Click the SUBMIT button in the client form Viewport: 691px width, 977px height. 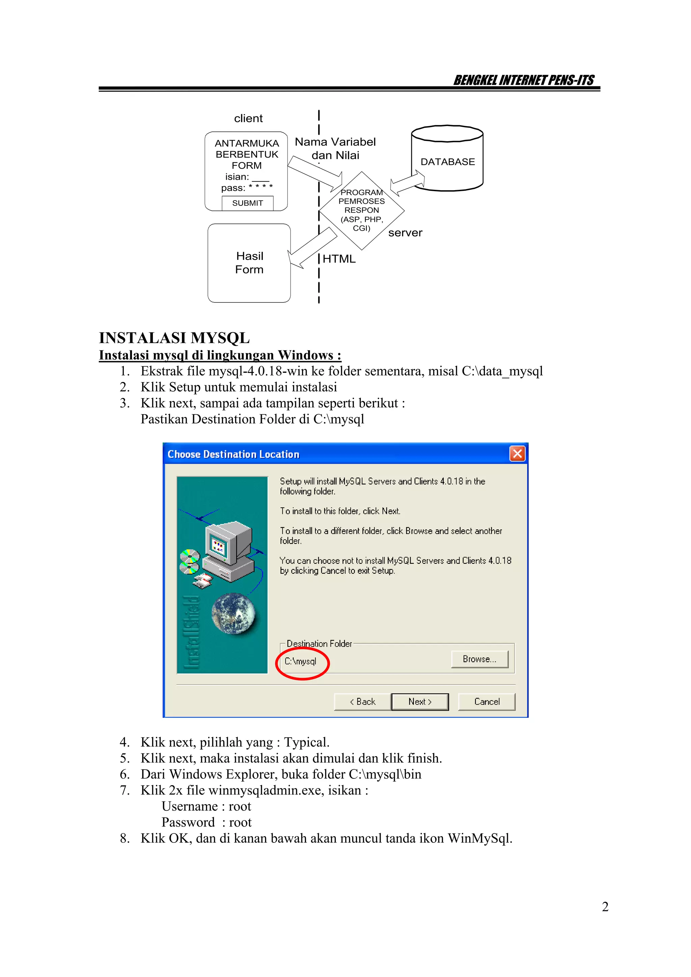247,203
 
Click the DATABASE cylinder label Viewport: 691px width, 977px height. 447,162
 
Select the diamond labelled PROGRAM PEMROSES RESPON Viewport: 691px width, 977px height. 361,210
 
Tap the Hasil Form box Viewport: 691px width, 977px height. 249,263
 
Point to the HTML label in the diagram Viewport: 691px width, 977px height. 339,259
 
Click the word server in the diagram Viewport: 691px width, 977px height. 405,233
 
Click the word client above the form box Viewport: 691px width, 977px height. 248,118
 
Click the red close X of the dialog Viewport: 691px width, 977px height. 517,454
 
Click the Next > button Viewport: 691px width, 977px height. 420,702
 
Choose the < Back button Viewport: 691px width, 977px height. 362,702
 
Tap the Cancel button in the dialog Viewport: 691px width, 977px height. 487,702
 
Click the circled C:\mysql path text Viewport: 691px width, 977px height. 301,661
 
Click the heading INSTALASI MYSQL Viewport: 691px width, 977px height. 174,338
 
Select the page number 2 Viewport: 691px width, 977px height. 605,907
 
